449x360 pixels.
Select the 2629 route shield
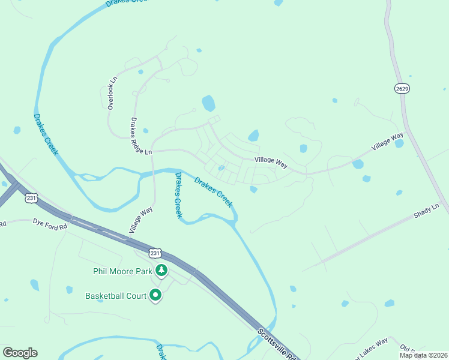[x=402, y=89]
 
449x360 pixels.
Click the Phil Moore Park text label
[x=122, y=271]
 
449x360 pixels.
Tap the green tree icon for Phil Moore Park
[x=161, y=271]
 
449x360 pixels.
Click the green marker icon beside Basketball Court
[x=155, y=295]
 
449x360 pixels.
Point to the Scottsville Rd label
[x=279, y=344]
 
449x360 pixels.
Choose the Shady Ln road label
[x=427, y=211]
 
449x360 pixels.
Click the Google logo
[x=20, y=353]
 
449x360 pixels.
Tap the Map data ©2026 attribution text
[x=423, y=355]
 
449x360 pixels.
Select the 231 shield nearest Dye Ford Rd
[x=32, y=197]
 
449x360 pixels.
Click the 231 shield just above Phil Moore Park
[x=155, y=253]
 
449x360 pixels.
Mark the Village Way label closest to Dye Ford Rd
[x=142, y=220]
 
